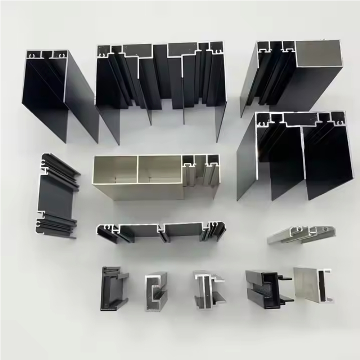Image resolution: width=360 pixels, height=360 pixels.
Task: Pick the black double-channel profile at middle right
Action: click(292, 153)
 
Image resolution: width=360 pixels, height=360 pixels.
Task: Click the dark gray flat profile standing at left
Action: click(56, 193)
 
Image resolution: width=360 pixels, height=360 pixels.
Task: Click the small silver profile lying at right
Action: click(297, 234)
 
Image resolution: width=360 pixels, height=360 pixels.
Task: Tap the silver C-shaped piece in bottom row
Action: click(155, 292)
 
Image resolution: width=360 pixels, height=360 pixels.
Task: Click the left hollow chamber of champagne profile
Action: click(115, 170)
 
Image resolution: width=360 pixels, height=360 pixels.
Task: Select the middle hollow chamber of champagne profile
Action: click(160, 170)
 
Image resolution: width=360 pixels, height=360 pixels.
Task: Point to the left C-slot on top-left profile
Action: click(32, 55)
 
